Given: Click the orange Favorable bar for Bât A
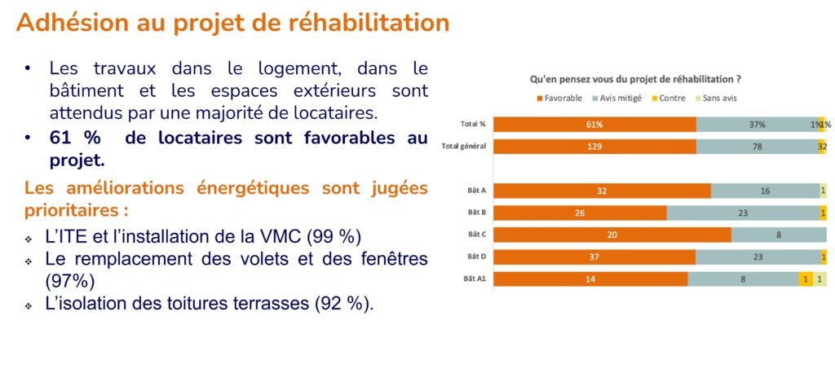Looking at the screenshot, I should (602, 191).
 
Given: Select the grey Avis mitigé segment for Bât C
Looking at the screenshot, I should (779, 235).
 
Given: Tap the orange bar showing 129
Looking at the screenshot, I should (594, 147).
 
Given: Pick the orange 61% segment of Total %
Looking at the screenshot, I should (594, 125).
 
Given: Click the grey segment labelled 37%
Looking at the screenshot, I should (757, 125).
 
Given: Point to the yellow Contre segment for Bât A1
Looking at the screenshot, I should (806, 279).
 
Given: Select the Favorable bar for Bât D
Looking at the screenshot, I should (594, 257).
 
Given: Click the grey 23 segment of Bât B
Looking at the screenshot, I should (743, 213).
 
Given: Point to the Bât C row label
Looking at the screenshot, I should (477, 235).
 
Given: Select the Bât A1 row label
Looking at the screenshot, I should (475, 279).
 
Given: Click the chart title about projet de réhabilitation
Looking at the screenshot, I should (635, 80).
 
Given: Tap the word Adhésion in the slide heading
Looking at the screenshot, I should (64, 22).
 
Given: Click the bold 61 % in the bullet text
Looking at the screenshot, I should (73, 138).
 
